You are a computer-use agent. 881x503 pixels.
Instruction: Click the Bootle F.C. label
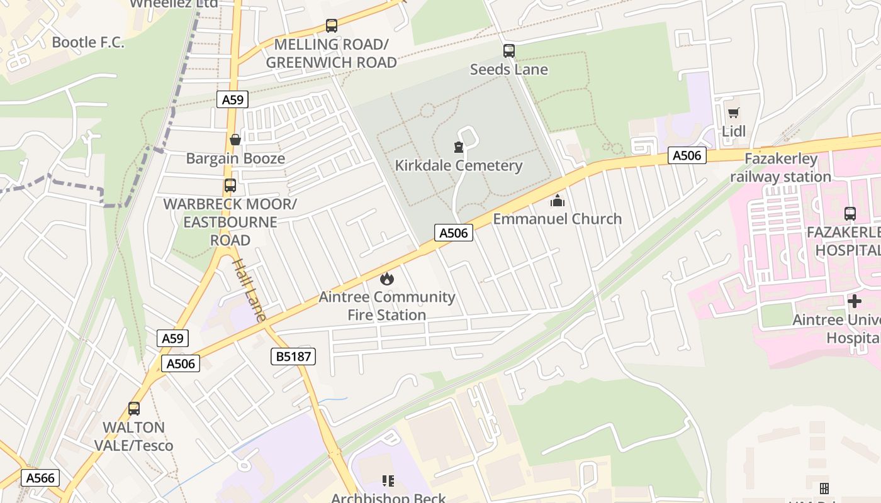[x=88, y=42]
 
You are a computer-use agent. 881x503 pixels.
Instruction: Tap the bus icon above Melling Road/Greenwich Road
[x=332, y=26]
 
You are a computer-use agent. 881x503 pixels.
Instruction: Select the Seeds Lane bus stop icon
[x=509, y=51]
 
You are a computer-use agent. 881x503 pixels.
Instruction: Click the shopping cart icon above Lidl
[x=733, y=113]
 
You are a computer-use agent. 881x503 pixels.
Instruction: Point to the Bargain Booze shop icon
[x=235, y=140]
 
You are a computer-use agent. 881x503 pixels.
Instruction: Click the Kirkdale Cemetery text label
[x=458, y=165]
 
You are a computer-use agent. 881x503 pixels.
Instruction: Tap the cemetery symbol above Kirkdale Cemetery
[x=458, y=147]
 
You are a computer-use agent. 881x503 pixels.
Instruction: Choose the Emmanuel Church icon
[x=557, y=201]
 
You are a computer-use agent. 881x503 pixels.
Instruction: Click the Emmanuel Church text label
[x=557, y=219]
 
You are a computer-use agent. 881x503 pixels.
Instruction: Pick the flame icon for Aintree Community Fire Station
[x=386, y=278]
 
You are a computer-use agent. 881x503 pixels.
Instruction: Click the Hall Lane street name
[x=250, y=290]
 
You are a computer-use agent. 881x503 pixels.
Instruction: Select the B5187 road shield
[x=293, y=357]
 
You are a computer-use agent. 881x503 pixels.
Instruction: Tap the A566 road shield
[x=40, y=478]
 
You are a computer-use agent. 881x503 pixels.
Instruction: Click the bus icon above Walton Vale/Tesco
[x=134, y=409]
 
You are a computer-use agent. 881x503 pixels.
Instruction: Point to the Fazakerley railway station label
[x=780, y=168]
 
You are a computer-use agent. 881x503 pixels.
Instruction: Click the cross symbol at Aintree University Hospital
[x=854, y=302]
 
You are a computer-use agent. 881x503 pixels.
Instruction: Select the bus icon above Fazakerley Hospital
[x=850, y=214]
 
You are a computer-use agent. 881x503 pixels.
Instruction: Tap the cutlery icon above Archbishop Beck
[x=388, y=482]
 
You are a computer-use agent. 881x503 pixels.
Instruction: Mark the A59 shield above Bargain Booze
[x=232, y=99]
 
